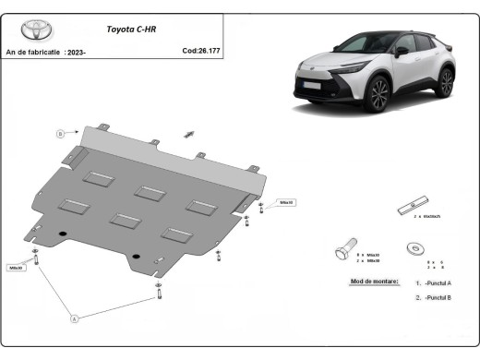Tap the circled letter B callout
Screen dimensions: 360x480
[x=61, y=133]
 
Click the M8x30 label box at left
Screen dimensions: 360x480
[x=16, y=268]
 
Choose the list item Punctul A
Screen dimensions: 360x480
[x=435, y=282]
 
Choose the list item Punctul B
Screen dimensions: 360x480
[x=435, y=298]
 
